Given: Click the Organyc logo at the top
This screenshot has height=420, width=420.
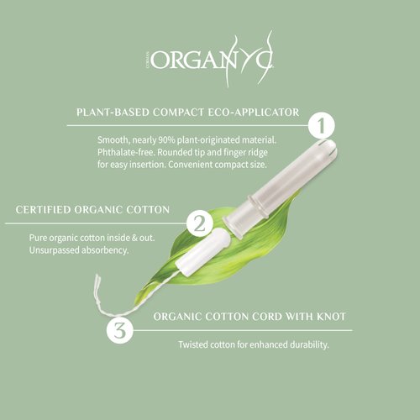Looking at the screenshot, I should coord(210,60).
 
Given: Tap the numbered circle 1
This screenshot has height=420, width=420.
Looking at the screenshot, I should coord(320,127).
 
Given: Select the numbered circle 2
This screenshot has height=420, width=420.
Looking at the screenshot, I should coord(198,223).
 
